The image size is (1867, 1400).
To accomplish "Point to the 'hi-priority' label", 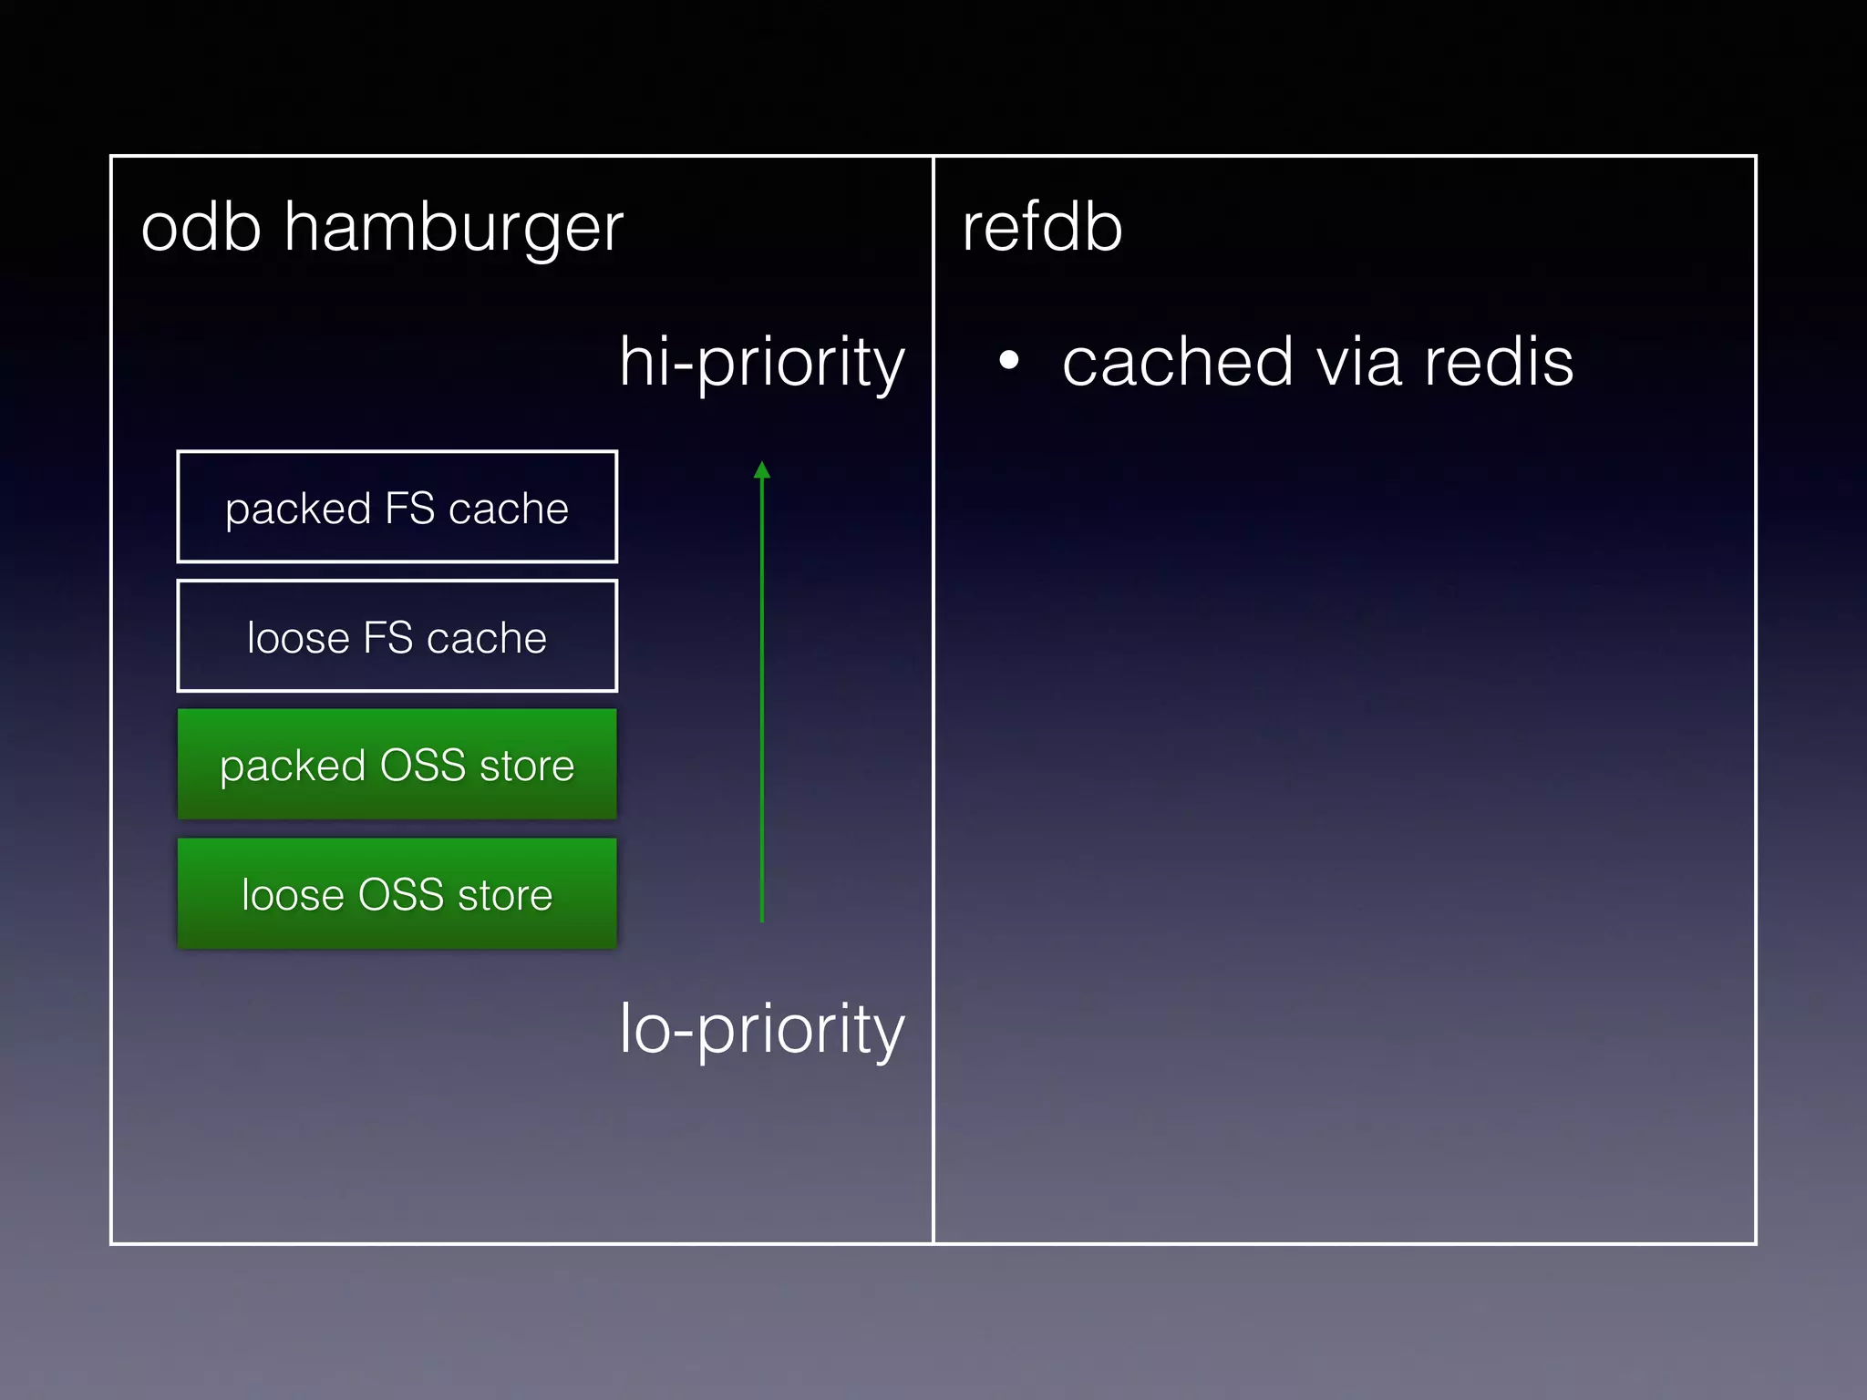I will (x=762, y=362).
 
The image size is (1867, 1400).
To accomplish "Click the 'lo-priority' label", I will (x=762, y=1029).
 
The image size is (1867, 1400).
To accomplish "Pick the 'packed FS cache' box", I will (x=397, y=507).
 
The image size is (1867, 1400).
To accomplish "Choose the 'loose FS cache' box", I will (x=397, y=636).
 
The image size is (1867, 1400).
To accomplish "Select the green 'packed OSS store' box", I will (x=397, y=764).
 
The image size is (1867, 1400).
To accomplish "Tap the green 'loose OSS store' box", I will (x=397, y=893).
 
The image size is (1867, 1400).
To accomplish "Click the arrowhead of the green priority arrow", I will (x=762, y=470).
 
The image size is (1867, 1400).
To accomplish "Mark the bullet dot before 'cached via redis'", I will (x=1008, y=360).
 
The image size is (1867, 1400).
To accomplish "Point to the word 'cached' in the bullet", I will (x=1177, y=362).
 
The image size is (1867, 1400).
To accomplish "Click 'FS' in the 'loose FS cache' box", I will (x=388, y=637).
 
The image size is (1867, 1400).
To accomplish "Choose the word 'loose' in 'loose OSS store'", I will (x=292, y=894).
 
